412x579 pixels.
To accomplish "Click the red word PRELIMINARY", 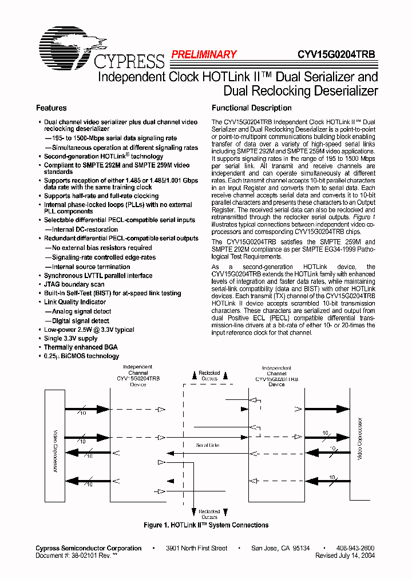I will pyautogui.click(x=204, y=55).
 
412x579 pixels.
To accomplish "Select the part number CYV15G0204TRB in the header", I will pyautogui.click(x=336, y=55).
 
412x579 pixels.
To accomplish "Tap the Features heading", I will pyautogui.click(x=51, y=108).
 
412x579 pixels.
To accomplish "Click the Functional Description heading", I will pyautogui.click(x=243, y=108).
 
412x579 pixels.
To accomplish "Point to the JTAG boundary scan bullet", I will pyautogui.click(x=74, y=284).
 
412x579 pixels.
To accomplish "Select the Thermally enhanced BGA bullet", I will pyautogui.click(x=81, y=347).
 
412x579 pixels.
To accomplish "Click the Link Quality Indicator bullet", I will pyautogui.click(x=75, y=302).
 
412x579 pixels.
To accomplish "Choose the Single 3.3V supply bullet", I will pyautogui.click(x=71, y=338).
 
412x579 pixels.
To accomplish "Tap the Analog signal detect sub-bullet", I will pyautogui.click(x=78, y=311).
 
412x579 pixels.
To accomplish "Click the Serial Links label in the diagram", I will pyautogui.click(x=207, y=445).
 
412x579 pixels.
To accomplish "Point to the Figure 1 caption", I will pyautogui.click(x=205, y=525).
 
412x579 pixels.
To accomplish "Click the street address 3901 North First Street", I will pyautogui.click(x=196, y=548).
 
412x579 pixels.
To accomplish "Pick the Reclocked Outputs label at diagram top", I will pyautogui.click(x=209, y=375).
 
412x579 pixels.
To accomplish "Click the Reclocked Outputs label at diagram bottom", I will pyautogui.click(x=209, y=514).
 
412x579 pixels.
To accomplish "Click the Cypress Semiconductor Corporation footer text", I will pyautogui.click(x=89, y=548).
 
